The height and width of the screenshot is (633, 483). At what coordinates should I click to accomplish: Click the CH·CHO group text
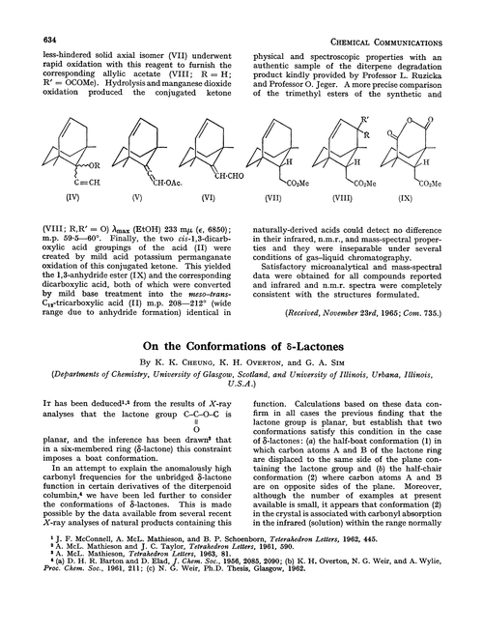[213, 172]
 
